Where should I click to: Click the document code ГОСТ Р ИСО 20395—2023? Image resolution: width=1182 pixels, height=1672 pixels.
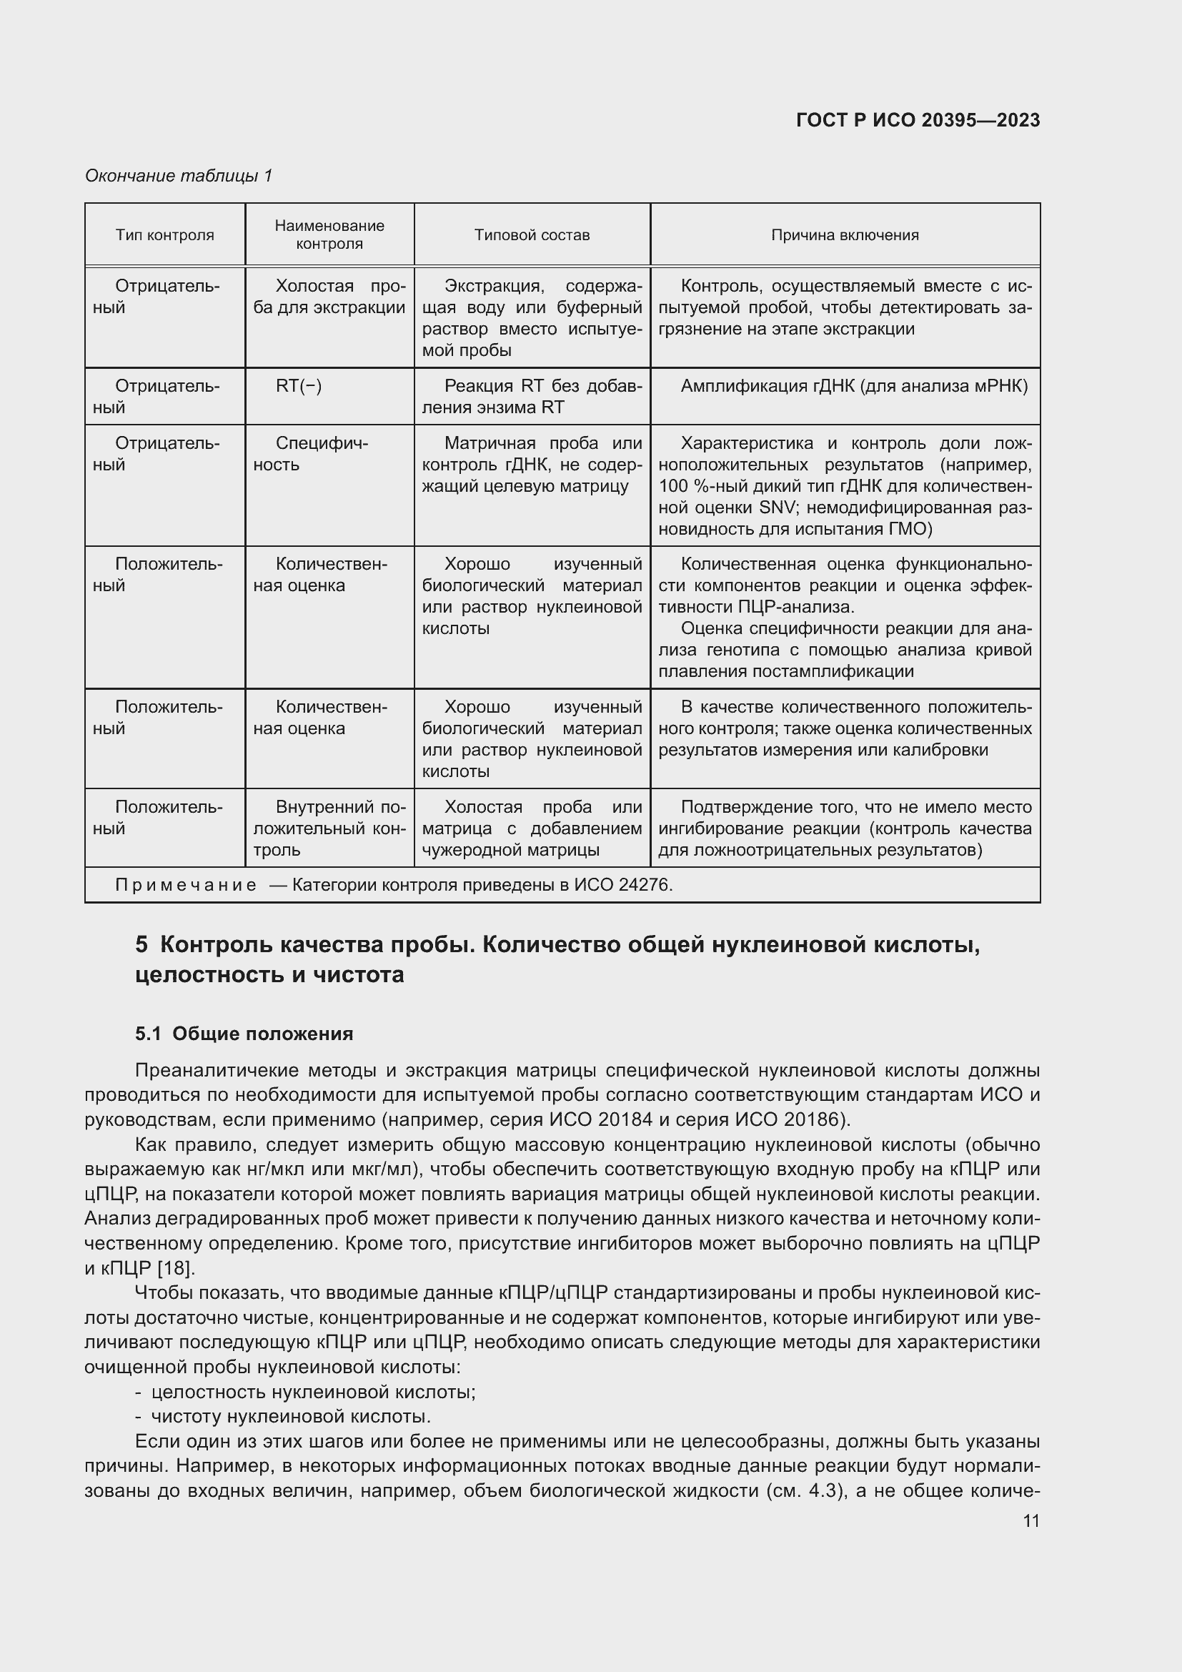pyautogui.click(x=918, y=120)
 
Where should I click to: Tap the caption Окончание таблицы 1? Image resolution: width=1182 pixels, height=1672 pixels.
pyautogui.click(x=179, y=176)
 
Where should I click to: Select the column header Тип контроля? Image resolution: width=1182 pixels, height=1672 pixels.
pyautogui.click(x=164, y=235)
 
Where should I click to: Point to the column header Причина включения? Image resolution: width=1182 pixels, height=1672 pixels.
pyautogui.click(x=844, y=235)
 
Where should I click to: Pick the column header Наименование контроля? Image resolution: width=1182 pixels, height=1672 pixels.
pyautogui.click(x=329, y=234)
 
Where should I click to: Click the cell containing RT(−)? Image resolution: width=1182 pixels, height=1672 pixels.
pyautogui.click(x=299, y=386)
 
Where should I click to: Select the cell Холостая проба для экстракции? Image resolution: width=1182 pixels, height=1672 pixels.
pyautogui.click(x=329, y=297)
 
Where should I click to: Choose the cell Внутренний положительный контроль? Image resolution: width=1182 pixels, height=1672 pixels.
pyautogui.click(x=329, y=828)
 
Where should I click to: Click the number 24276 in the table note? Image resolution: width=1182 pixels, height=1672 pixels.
pyautogui.click(x=643, y=885)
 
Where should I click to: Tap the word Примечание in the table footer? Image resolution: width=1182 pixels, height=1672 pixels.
pyautogui.click(x=186, y=885)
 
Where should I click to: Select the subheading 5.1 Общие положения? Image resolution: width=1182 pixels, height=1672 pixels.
pyautogui.click(x=244, y=1034)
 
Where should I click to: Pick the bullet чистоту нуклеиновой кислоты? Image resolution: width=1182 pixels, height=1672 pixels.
pyautogui.click(x=290, y=1416)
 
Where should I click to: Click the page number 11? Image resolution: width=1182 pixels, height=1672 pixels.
pyautogui.click(x=1030, y=1521)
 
